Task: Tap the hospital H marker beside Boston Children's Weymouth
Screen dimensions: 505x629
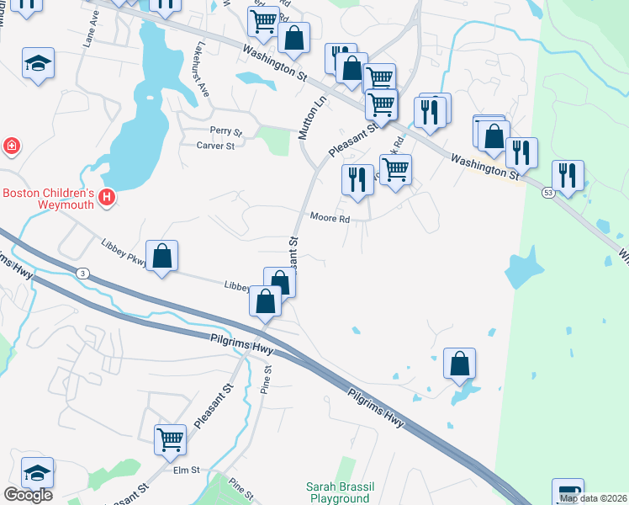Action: pyautogui.click(x=107, y=199)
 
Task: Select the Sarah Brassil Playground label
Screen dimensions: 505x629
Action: pyautogui.click(x=338, y=492)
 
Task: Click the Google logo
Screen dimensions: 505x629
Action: pyautogui.click(x=28, y=495)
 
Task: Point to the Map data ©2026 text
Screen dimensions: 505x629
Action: pyautogui.click(x=593, y=498)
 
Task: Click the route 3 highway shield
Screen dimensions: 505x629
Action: pyautogui.click(x=82, y=273)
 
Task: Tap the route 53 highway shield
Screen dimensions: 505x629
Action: pyautogui.click(x=548, y=193)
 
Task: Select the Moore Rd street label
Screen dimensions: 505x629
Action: pyautogui.click(x=329, y=217)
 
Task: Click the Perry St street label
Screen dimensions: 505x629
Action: pyautogui.click(x=225, y=132)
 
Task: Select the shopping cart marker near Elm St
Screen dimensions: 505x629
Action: pyautogui.click(x=171, y=439)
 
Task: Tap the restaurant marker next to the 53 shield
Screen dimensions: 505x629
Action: pyautogui.click(x=568, y=175)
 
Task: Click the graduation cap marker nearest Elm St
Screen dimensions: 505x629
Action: pyautogui.click(x=37, y=471)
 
